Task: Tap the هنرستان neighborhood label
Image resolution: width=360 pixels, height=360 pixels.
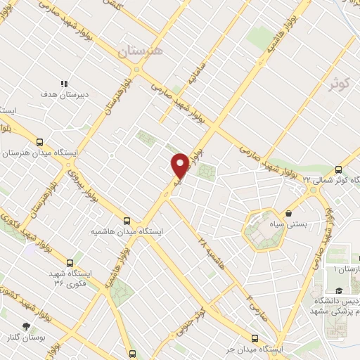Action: (x=140, y=51)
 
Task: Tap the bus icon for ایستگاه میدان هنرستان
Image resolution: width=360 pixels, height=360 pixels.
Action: (x=40, y=141)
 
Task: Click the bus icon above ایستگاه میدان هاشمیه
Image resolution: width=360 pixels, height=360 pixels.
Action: (x=127, y=220)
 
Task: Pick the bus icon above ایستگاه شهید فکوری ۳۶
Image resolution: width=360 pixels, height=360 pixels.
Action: (x=70, y=262)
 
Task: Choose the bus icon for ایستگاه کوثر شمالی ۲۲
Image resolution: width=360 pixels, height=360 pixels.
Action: (x=339, y=169)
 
